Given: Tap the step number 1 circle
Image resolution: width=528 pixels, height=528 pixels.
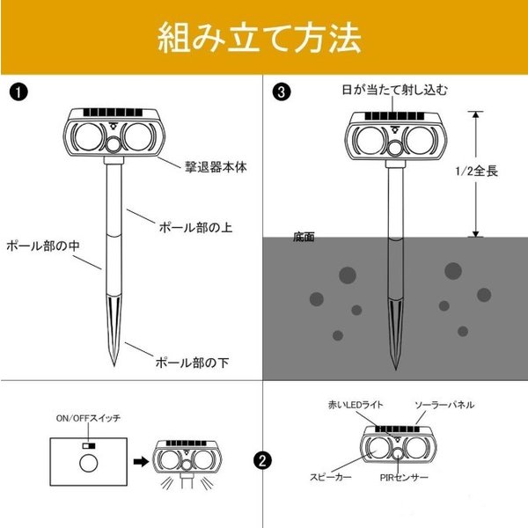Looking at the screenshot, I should pos(17,91).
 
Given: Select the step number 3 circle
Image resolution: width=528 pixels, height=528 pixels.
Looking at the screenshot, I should pos(281,91).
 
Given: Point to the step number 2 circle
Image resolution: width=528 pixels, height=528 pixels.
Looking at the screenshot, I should pos(261,459).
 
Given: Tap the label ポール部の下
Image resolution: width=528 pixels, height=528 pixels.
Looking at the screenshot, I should pos(192,362).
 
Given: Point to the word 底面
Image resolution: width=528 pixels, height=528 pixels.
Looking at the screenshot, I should pos(304,238).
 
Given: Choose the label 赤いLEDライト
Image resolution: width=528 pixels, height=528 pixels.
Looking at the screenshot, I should pos(353,405).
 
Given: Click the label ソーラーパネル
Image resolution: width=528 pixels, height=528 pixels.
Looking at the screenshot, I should pos(444,405).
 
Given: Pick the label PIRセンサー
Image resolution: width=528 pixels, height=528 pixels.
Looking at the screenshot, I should pos(404,476).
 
